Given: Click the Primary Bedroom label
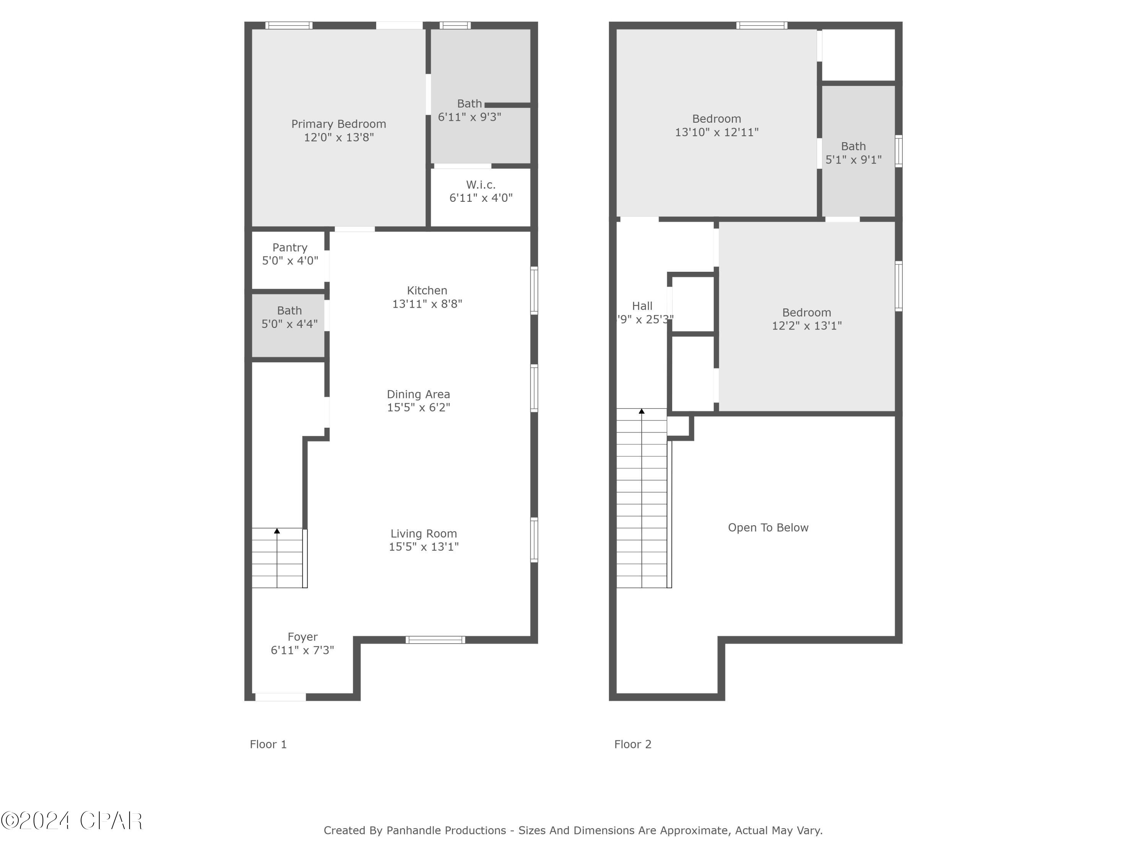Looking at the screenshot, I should pyautogui.click(x=339, y=124).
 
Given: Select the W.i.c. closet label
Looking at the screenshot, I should pyautogui.click(x=481, y=185).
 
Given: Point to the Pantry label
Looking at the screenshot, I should pyautogui.click(x=290, y=247).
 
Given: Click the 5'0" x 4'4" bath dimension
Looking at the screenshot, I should pyautogui.click(x=289, y=324).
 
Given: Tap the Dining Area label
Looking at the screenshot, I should pyautogui.click(x=418, y=394).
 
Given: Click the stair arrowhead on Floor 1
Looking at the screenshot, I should pyautogui.click(x=277, y=531).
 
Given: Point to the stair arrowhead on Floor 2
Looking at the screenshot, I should pyautogui.click(x=642, y=411).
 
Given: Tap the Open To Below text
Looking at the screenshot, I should pyautogui.click(x=768, y=528).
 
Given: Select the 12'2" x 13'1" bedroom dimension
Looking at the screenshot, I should pyautogui.click(x=806, y=326).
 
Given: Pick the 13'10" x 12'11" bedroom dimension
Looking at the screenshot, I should pyautogui.click(x=716, y=132).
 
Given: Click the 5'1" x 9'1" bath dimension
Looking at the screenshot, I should pyautogui.click(x=853, y=160).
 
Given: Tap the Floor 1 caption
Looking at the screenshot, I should pyautogui.click(x=268, y=745).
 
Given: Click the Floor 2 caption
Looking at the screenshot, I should pyautogui.click(x=633, y=745).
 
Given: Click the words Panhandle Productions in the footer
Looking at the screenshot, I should pyautogui.click(x=446, y=831).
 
